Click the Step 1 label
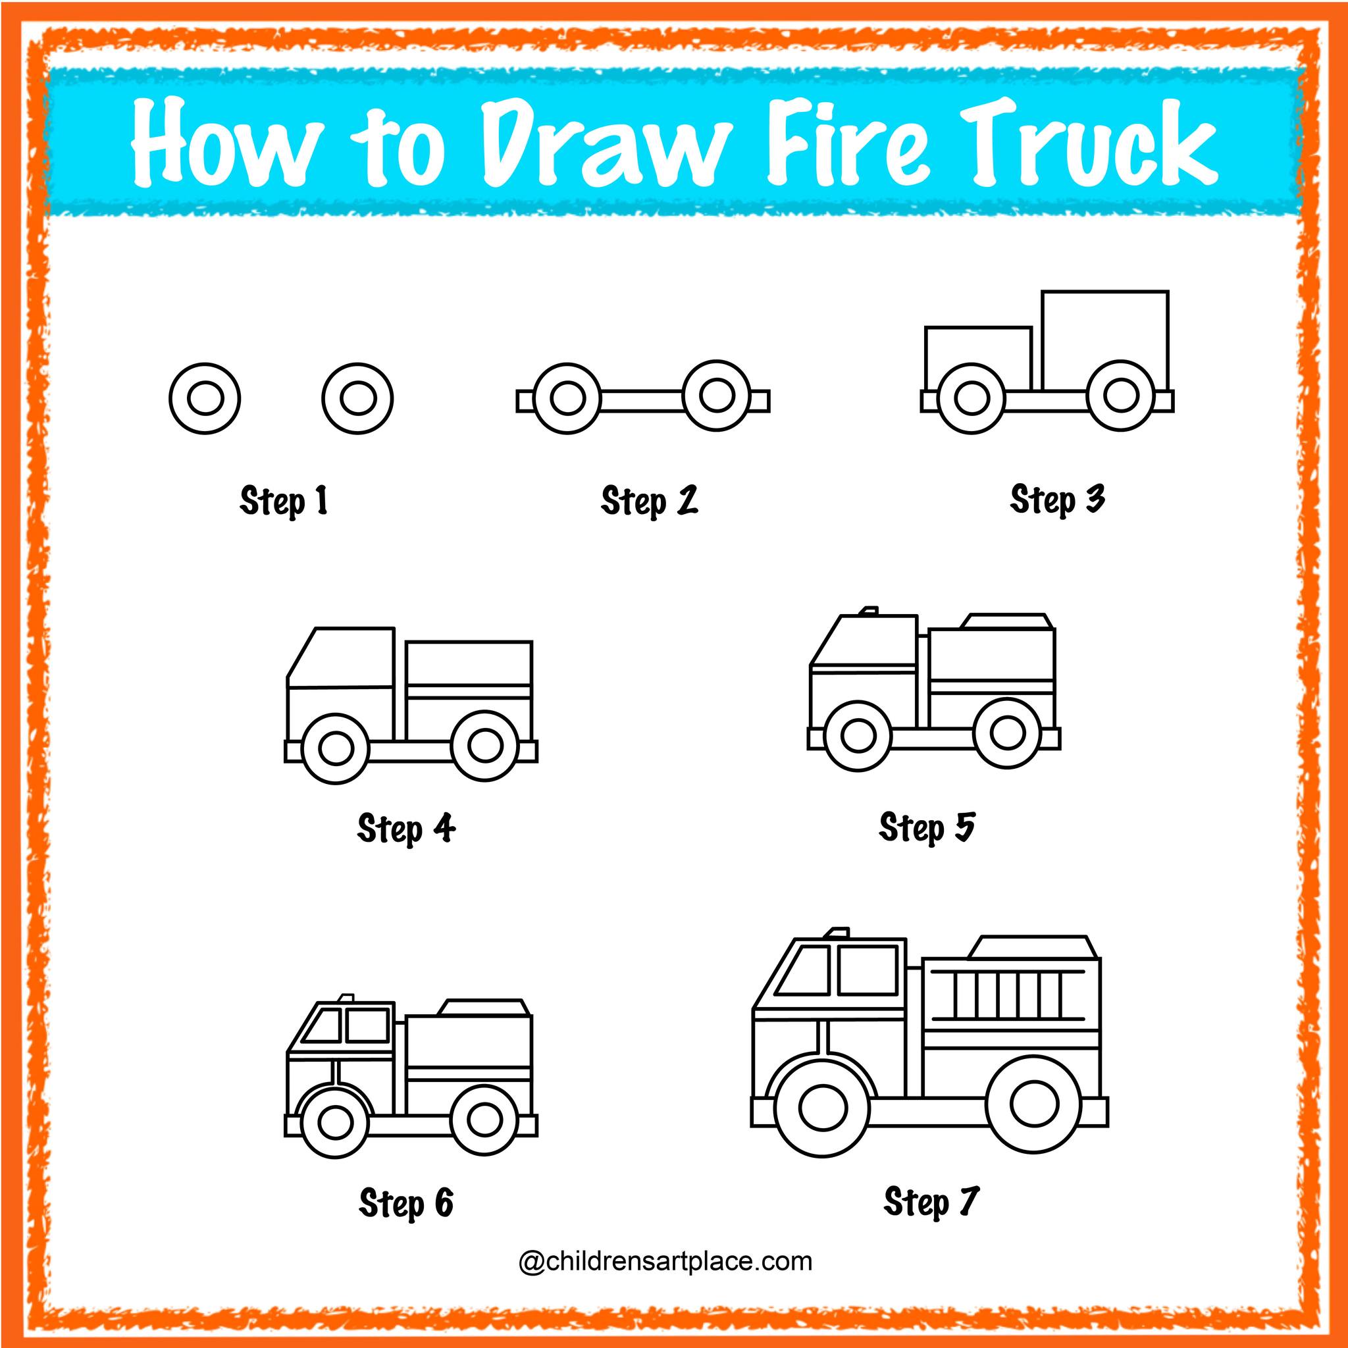(283, 502)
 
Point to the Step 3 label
(1057, 500)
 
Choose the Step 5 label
(927, 827)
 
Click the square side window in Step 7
(868, 970)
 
